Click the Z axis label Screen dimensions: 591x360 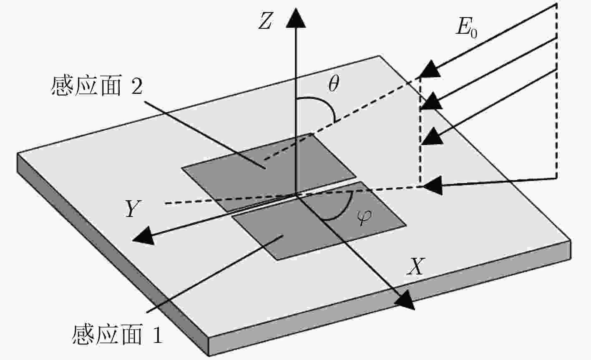click(265, 21)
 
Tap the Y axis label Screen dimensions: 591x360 click(133, 209)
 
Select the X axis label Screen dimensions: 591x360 click(416, 266)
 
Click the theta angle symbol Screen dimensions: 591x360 click(334, 83)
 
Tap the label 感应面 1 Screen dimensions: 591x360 click(117, 335)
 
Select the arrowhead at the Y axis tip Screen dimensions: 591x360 click(143, 236)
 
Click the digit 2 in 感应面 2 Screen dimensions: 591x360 click(137, 86)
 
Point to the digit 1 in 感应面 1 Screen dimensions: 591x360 click(158, 335)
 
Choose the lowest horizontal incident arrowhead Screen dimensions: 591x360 click(433, 186)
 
